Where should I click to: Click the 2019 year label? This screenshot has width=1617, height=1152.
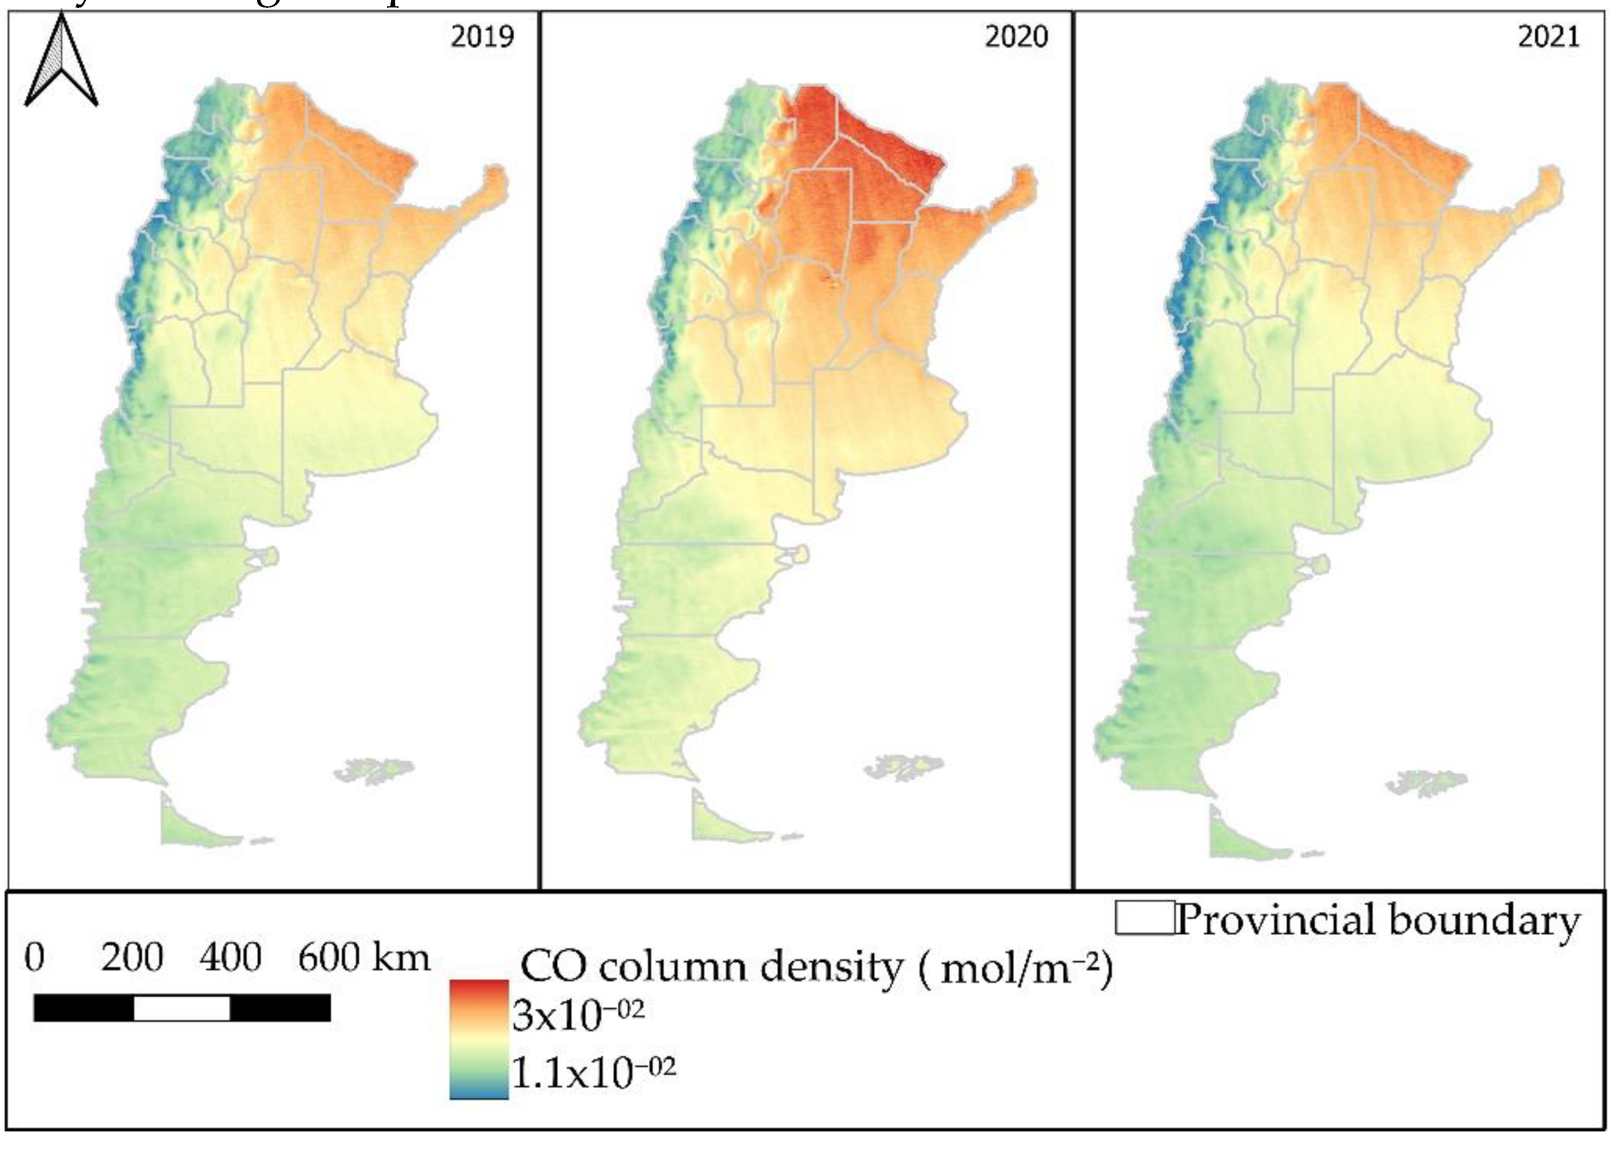pos(482,36)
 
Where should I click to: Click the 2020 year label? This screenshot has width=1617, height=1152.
pos(1016,36)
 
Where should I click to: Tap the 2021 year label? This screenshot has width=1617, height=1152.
pos(1549,36)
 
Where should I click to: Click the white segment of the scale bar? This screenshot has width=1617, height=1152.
pos(182,1008)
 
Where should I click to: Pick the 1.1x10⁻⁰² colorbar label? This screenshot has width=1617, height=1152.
pos(593,1073)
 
